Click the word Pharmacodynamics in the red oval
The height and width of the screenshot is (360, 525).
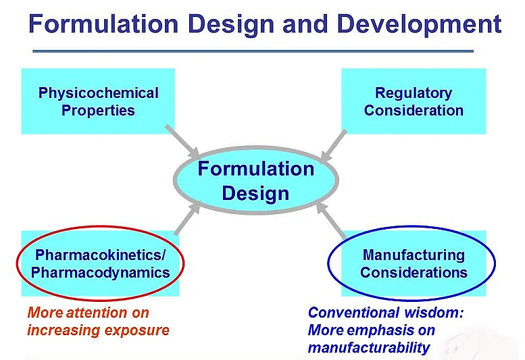click(100, 273)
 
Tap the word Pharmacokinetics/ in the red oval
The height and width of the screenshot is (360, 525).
click(100, 255)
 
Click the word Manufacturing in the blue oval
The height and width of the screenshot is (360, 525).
click(414, 255)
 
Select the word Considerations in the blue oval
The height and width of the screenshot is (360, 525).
click(414, 273)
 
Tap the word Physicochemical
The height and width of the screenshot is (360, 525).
click(99, 93)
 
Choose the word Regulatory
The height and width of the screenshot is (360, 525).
click(414, 93)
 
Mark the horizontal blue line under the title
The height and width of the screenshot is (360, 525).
click(253, 51)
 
